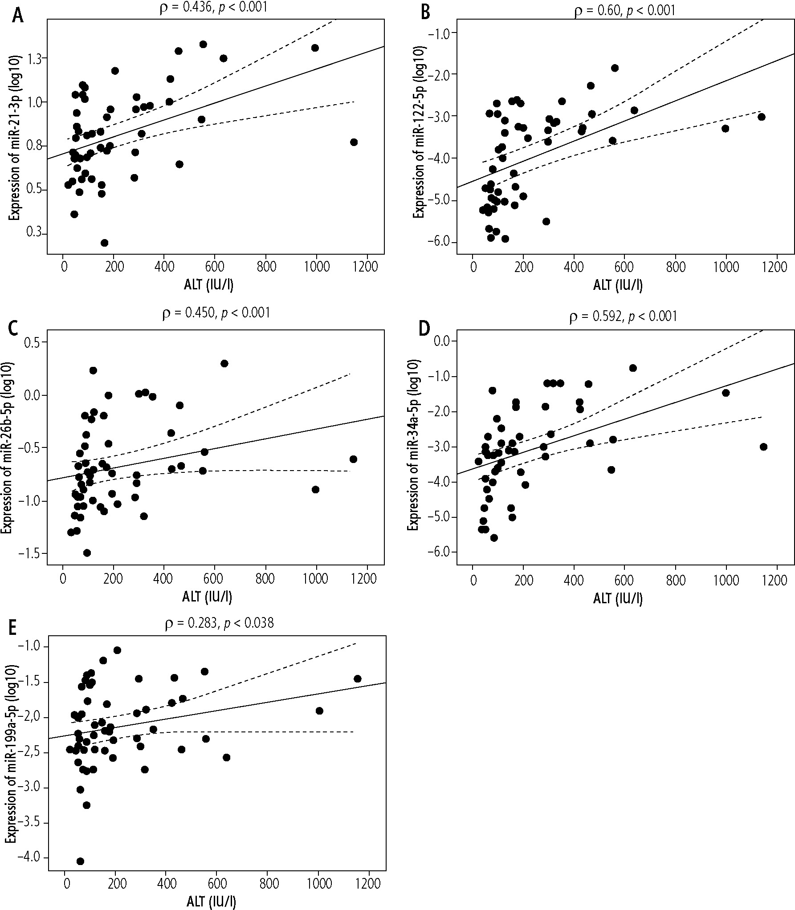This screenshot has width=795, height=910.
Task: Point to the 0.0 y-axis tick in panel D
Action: [x=440, y=341]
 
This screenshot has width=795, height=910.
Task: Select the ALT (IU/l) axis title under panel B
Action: [x=618, y=285]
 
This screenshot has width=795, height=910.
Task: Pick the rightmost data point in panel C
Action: [x=353, y=459]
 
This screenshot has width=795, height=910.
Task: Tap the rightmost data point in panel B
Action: [x=761, y=117]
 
